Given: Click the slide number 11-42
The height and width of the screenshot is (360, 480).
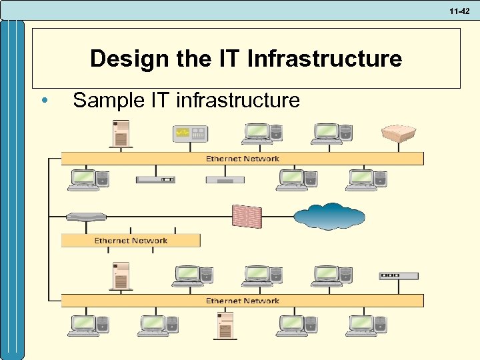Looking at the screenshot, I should click(461, 10).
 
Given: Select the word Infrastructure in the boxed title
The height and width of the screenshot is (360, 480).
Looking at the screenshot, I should click(325, 59).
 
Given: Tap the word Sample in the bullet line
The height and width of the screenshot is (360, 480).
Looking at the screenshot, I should click(105, 101).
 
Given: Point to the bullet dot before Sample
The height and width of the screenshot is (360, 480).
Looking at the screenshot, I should click(43, 101).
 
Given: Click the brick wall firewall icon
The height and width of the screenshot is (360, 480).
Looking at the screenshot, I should click(247, 216).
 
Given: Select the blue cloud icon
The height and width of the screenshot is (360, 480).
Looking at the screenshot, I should click(329, 216).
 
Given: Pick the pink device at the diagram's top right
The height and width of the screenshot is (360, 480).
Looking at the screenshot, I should click(399, 133).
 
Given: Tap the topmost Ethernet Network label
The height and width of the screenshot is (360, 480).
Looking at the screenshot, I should click(243, 159).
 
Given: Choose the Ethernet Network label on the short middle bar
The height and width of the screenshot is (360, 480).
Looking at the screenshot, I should click(131, 241).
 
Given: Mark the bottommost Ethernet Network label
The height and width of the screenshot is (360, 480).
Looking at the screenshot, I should click(243, 301).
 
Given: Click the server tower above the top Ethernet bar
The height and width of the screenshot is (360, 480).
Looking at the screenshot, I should click(121, 134).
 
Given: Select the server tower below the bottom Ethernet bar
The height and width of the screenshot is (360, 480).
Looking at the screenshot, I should click(224, 326).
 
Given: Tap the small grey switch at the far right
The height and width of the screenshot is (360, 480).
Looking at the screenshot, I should click(399, 275).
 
